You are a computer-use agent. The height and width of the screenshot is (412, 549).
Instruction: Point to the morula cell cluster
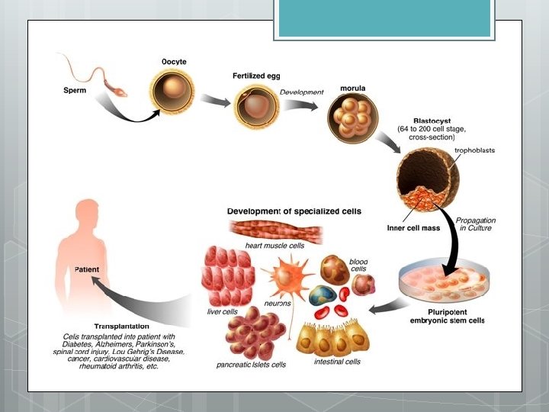351,117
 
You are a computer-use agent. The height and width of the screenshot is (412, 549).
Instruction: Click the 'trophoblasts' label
474,151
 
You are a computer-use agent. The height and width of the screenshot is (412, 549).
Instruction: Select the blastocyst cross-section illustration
426,180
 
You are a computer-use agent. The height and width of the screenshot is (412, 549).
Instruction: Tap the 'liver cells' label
223,312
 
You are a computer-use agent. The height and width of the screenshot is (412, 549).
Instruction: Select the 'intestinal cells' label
337,361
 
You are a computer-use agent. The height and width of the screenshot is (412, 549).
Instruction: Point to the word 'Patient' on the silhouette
87,269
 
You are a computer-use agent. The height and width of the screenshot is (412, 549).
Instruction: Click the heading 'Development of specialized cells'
294,211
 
